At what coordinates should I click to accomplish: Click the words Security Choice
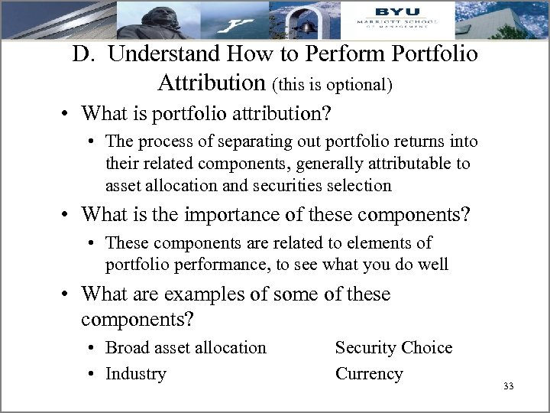tap(393, 348)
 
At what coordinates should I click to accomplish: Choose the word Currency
tap(369, 374)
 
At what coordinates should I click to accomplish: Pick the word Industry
tap(136, 374)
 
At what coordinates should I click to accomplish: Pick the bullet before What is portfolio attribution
tap(69, 115)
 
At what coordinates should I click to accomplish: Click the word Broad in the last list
tap(128, 348)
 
